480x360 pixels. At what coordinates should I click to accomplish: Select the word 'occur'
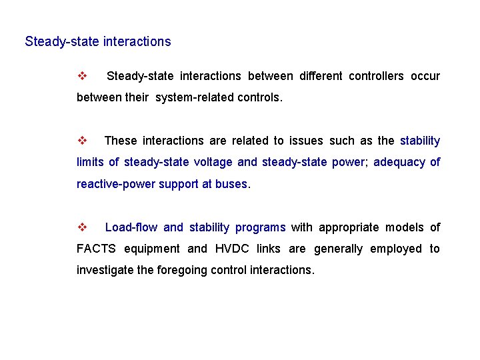point(425,76)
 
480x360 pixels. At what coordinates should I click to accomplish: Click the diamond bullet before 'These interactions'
point(83,141)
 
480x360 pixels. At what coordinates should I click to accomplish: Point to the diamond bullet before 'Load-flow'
point(83,227)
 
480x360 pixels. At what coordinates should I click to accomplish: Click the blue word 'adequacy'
point(398,162)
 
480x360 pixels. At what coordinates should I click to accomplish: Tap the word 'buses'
point(231,184)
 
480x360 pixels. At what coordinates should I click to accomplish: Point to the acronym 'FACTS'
point(96,249)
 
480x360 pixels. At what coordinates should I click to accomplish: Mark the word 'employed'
point(395,249)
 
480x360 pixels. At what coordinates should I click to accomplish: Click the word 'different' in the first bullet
point(321,76)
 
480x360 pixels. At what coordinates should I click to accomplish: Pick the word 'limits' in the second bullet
point(90,162)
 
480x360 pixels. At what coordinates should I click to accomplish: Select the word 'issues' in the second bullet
point(306,141)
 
